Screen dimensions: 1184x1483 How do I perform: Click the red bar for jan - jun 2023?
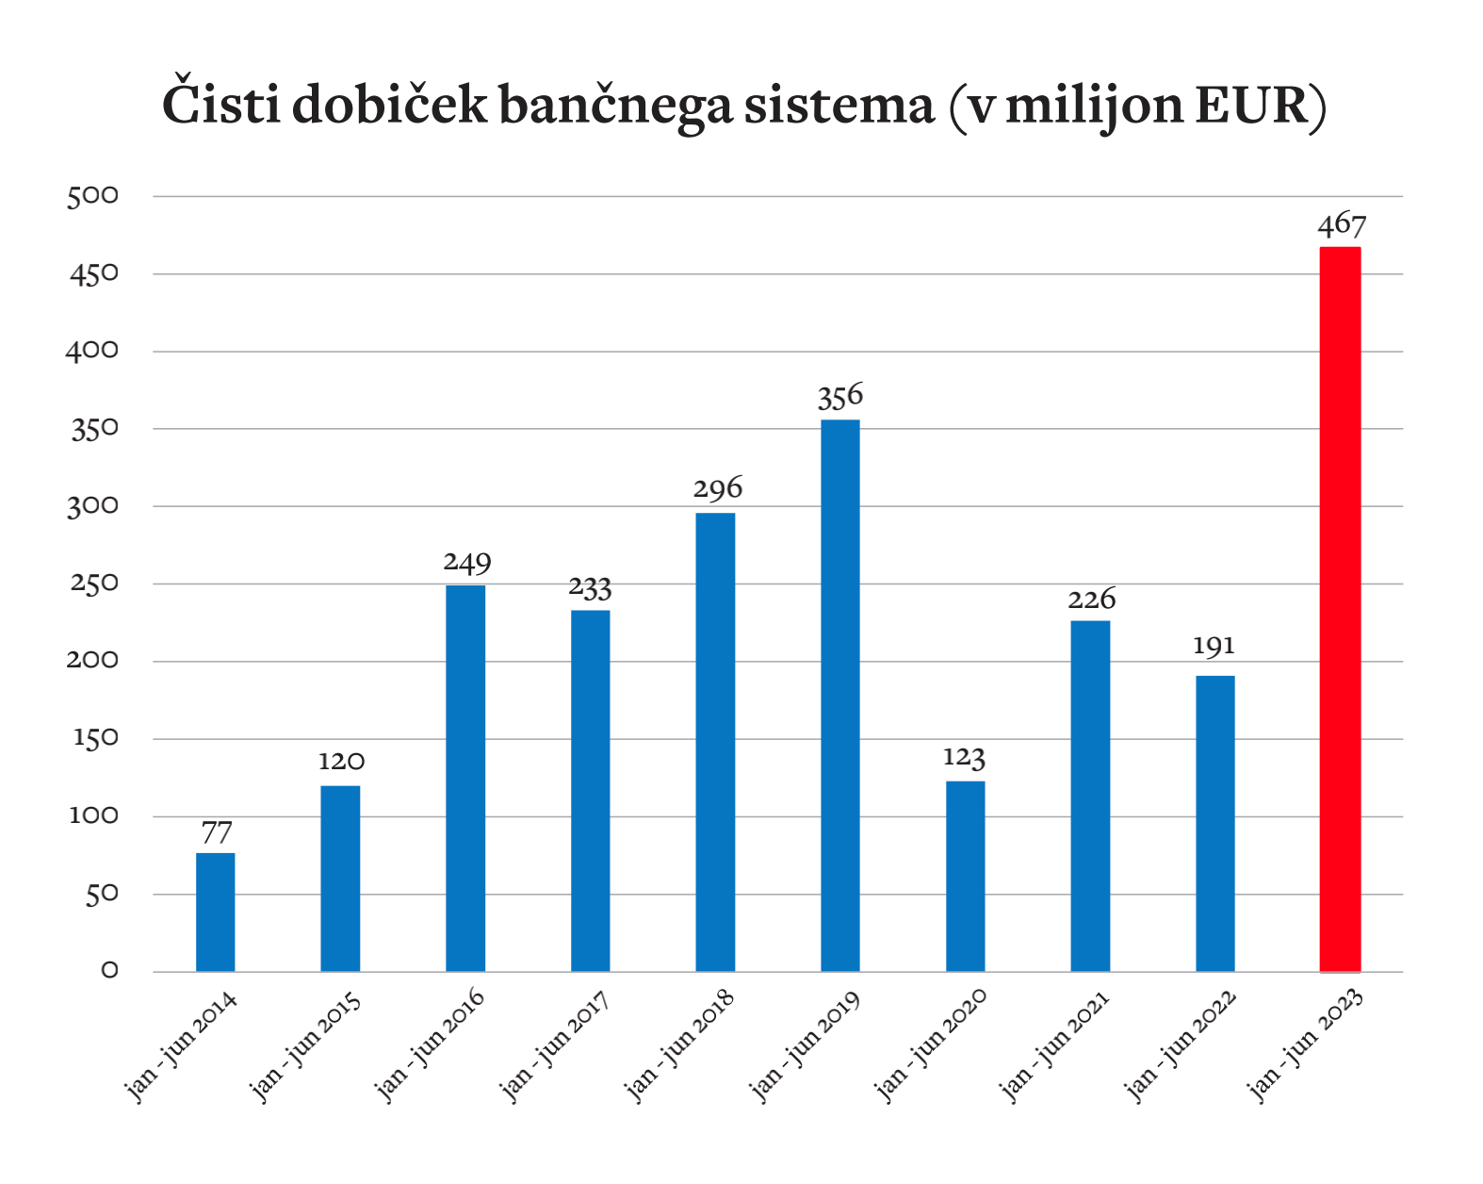[x=1340, y=609]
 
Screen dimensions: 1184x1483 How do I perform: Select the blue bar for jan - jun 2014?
[x=216, y=912]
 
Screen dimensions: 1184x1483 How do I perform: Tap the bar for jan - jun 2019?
[x=840, y=695]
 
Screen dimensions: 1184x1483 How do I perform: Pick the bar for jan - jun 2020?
[x=965, y=876]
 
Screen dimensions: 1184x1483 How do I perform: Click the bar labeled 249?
[x=465, y=778]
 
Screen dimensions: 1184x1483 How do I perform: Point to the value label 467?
[x=1342, y=225]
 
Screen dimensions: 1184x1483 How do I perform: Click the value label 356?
[x=840, y=397]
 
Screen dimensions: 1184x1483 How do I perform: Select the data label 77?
[x=217, y=833]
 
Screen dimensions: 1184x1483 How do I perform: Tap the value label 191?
[x=1214, y=646]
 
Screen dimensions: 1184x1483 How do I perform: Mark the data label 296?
[x=718, y=488]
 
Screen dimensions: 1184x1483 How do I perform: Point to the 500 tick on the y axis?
[x=92, y=196]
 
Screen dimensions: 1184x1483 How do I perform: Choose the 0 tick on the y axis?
[x=109, y=970]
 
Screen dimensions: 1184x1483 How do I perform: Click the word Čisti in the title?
[x=220, y=104]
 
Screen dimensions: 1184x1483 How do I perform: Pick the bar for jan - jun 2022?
[x=1215, y=823]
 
